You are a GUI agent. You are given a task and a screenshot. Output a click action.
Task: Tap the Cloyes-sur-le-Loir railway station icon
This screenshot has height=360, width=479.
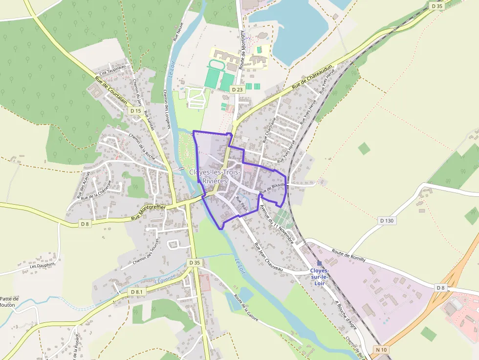(319, 263)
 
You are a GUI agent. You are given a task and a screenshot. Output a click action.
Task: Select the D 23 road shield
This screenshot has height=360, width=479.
(238, 89)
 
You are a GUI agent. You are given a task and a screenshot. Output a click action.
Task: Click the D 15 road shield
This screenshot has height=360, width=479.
(136, 111)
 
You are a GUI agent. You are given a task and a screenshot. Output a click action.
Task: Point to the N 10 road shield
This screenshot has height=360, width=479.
(382, 350)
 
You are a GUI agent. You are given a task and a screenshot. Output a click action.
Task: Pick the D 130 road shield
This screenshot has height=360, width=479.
(387, 220)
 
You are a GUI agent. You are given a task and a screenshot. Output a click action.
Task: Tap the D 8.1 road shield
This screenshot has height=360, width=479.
(137, 292)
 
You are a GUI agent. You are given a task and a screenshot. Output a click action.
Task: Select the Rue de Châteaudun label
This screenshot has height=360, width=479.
(312, 76)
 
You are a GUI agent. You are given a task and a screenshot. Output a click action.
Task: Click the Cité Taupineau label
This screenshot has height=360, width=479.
(113, 70)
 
